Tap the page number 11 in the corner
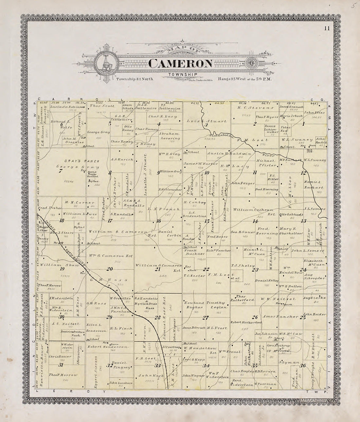(327, 28)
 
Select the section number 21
(157, 269)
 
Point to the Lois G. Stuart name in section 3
(207, 121)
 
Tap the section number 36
(304, 366)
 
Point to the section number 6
(61, 124)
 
